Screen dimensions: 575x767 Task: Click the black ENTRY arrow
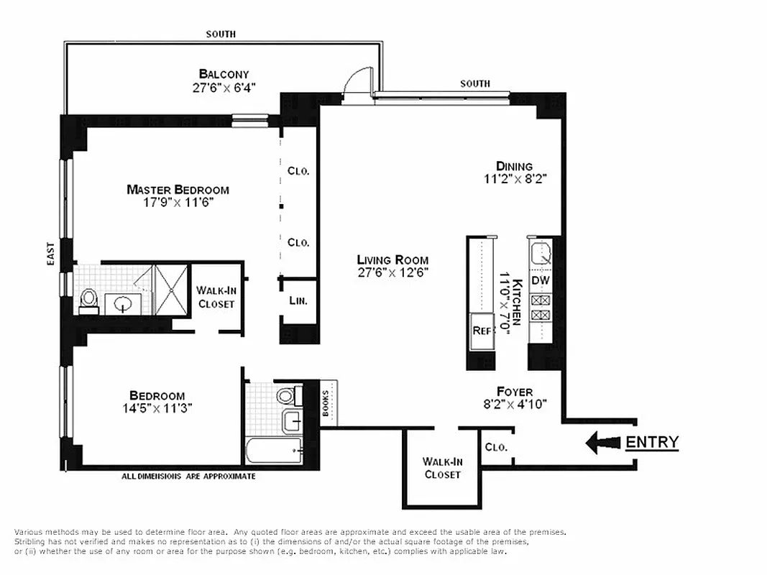pos(602,443)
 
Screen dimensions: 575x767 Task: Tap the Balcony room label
pos(224,74)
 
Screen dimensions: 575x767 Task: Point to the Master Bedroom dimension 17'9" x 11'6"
pos(178,203)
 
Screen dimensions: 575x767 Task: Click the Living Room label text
pos(392,259)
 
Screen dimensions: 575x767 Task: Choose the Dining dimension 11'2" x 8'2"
pos(515,180)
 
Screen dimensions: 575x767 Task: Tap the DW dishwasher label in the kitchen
pos(539,280)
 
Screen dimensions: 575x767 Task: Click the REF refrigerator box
pos(481,331)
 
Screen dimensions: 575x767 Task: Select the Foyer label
pos(515,392)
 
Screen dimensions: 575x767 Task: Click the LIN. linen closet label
pos(298,301)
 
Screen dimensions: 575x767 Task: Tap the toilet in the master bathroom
pos(89,300)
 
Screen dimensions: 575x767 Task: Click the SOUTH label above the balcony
pos(221,34)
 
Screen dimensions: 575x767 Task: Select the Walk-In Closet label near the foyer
pos(441,468)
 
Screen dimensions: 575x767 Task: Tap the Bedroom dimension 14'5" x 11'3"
pos(157,408)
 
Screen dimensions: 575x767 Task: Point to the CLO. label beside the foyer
pos(495,446)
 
